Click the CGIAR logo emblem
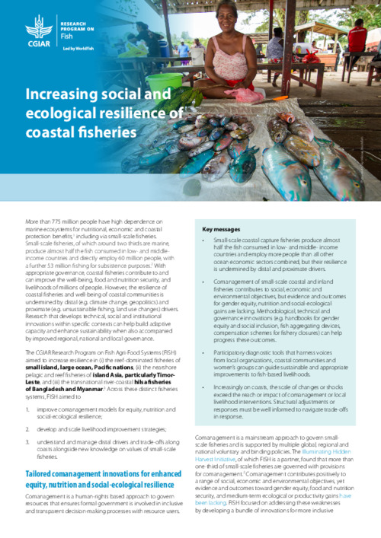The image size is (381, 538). point(37,27)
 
